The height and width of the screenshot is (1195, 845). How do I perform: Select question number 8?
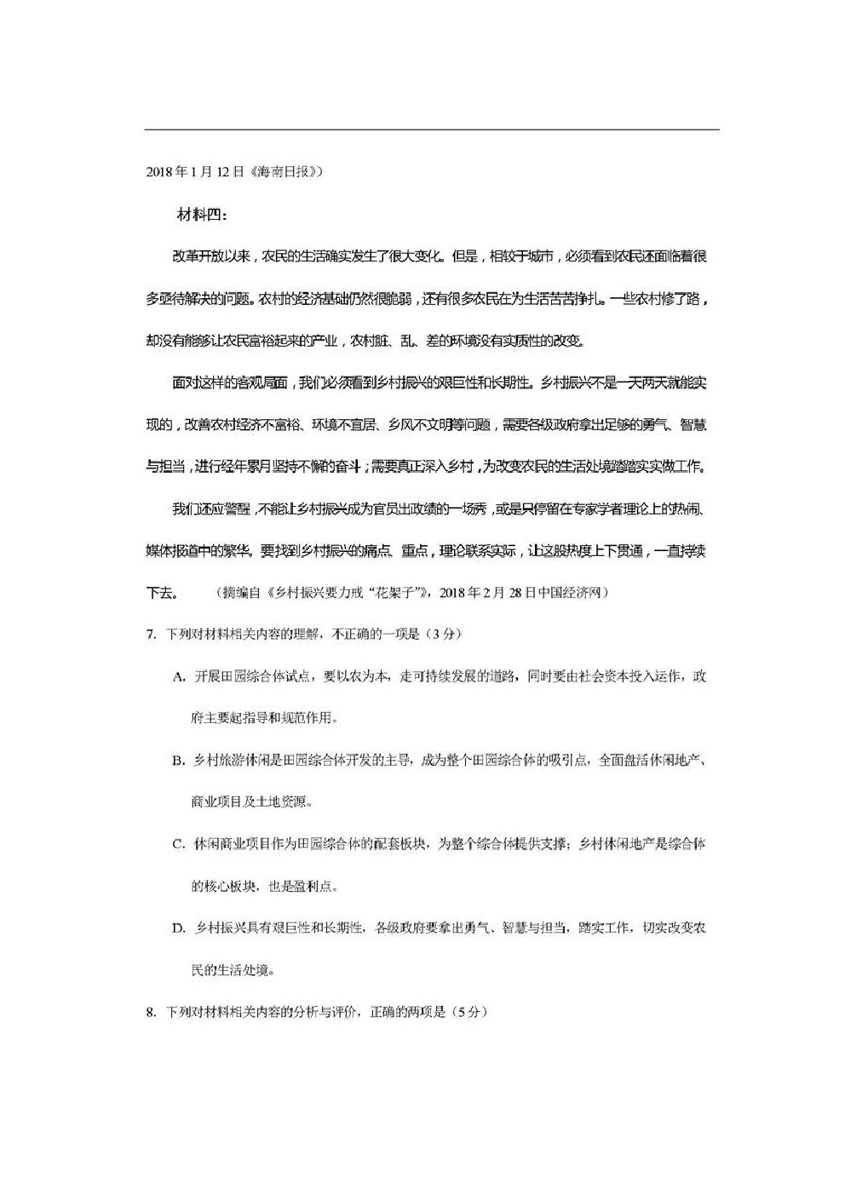point(150,1012)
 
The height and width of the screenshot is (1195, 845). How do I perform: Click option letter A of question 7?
point(179,676)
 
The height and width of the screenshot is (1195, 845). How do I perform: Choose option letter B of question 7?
point(179,760)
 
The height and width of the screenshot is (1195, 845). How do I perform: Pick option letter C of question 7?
point(179,844)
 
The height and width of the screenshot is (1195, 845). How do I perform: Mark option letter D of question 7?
point(179,928)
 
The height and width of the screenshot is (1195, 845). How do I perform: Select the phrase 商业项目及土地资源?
point(252,801)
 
